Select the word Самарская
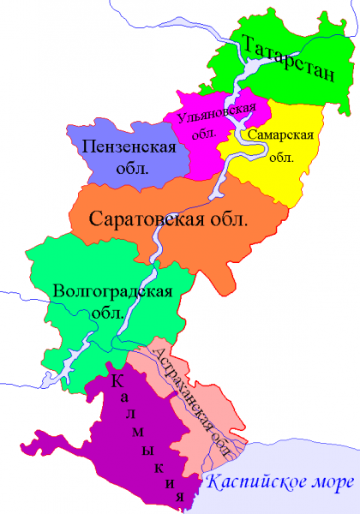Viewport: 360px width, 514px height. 278,136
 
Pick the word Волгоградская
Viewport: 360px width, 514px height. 113,290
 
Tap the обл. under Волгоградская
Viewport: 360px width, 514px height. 111,313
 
